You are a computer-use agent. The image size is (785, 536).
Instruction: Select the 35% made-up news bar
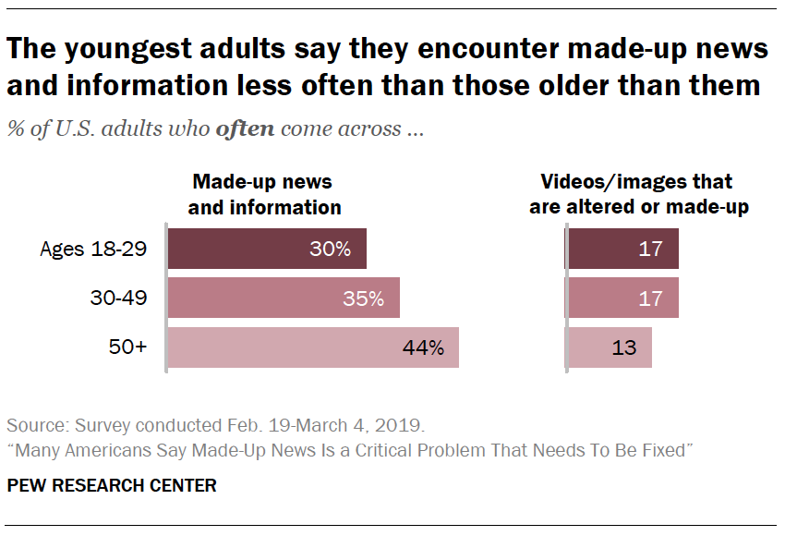pyautogui.click(x=283, y=298)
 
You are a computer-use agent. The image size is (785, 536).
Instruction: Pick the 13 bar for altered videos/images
pyautogui.click(x=610, y=347)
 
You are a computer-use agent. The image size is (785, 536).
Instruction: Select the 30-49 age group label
pyautogui.click(x=116, y=298)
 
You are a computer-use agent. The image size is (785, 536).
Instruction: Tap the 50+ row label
pyautogui.click(x=127, y=347)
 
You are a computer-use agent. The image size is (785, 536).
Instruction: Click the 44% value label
pyautogui.click(x=423, y=348)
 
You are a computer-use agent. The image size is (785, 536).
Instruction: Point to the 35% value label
pyautogui.click(x=363, y=298)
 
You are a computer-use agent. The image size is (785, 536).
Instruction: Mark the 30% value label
pyautogui.click(x=330, y=250)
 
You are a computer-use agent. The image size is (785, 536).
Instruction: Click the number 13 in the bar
pyautogui.click(x=623, y=348)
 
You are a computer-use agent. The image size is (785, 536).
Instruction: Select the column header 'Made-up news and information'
pyautogui.click(x=264, y=194)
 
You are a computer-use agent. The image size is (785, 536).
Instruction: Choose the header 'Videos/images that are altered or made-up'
pyautogui.click(x=638, y=194)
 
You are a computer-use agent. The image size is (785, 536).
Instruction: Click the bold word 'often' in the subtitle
pyautogui.click(x=245, y=128)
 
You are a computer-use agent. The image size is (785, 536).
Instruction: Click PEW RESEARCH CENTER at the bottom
pyautogui.click(x=112, y=485)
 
